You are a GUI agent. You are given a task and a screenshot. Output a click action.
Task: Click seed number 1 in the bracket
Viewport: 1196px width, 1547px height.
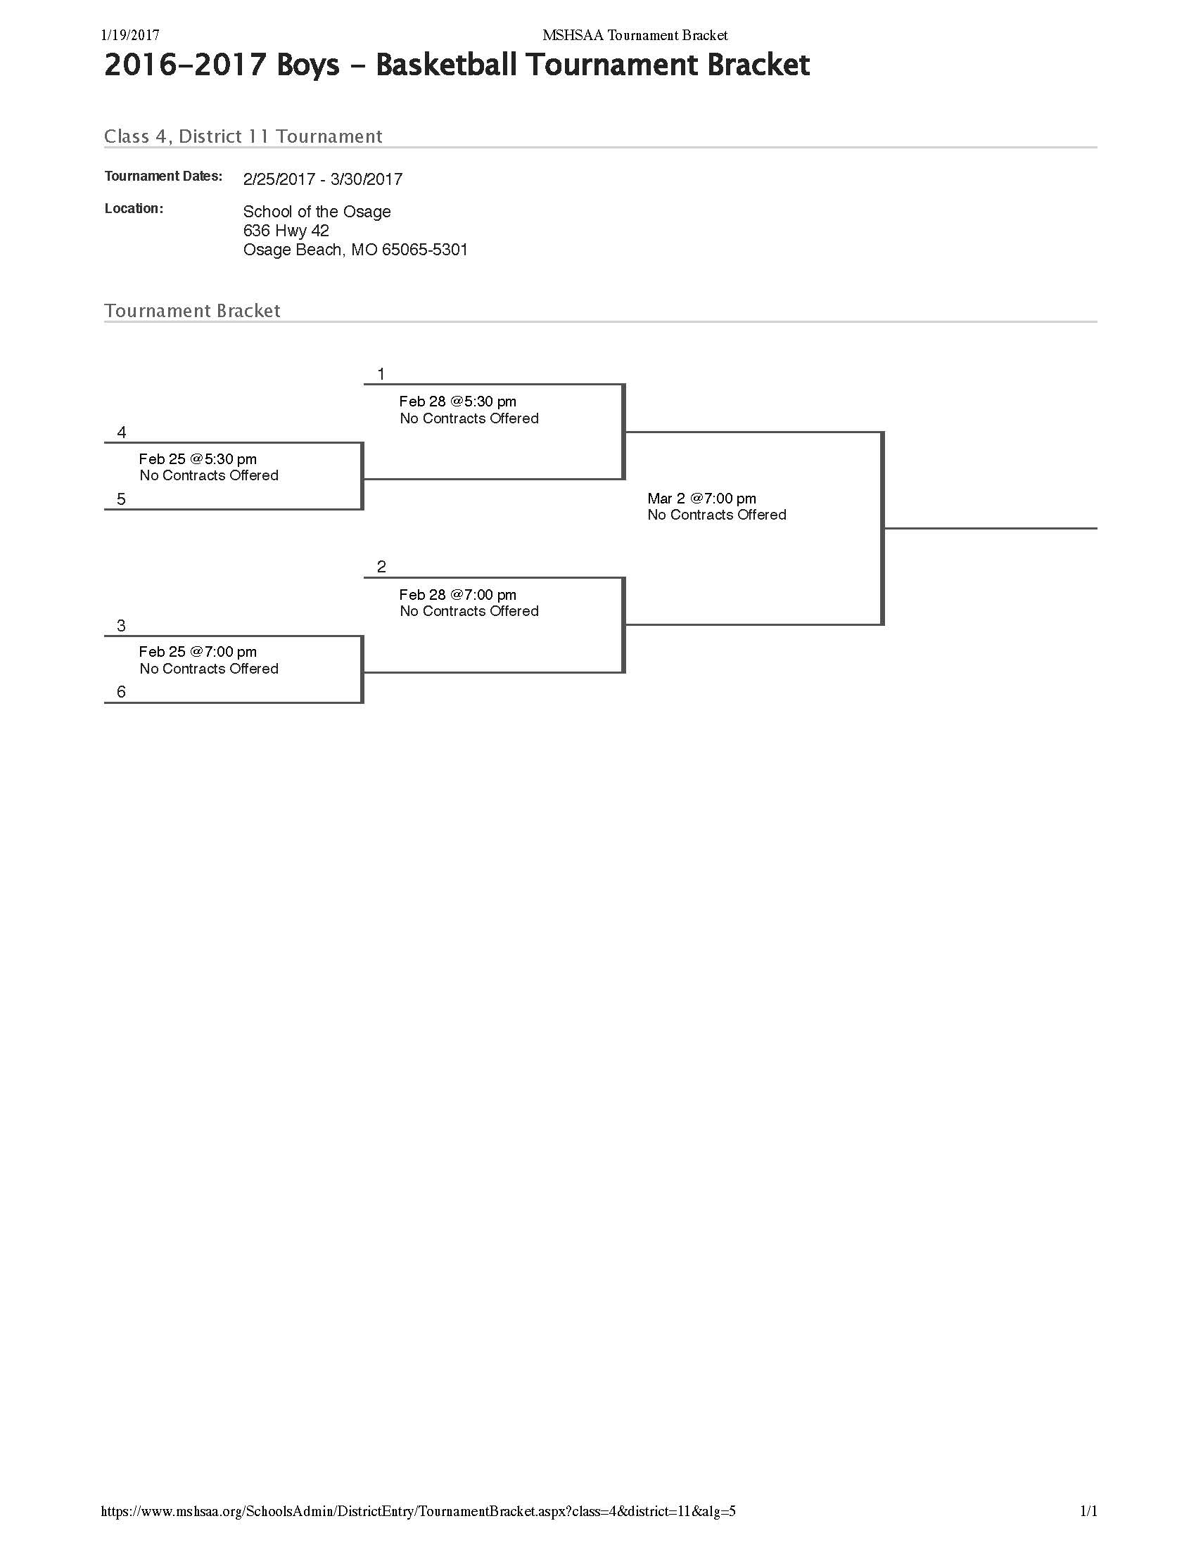(x=381, y=374)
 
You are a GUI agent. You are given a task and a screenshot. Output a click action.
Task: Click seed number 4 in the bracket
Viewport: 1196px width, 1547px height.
(x=121, y=432)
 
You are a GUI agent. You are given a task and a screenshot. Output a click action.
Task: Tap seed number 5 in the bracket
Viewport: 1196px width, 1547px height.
(x=121, y=499)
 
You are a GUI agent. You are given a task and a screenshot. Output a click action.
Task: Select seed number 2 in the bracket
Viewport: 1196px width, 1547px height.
(x=381, y=567)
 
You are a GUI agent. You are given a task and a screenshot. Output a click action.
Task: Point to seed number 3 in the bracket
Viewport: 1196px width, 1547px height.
(x=121, y=626)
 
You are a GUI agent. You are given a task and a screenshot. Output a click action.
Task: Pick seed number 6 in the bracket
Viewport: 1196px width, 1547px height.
(x=121, y=692)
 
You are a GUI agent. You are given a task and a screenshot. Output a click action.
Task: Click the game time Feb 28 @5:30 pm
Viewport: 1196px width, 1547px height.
(x=457, y=402)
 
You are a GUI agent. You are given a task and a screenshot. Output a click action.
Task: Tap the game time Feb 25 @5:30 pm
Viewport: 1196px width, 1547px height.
(x=198, y=459)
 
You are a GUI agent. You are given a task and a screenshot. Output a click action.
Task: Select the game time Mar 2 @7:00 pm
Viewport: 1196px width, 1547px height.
(x=701, y=499)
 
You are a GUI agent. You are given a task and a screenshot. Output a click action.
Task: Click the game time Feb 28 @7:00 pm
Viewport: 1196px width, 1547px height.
(x=457, y=595)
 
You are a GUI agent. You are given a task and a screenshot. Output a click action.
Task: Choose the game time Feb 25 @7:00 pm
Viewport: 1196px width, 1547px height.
(x=198, y=652)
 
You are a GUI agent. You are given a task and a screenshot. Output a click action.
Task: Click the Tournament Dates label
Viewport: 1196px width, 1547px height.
(x=163, y=176)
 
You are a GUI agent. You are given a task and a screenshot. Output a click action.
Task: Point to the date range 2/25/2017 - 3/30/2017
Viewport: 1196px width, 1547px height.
(x=322, y=179)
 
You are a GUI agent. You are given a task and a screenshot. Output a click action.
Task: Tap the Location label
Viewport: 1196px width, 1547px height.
(x=134, y=209)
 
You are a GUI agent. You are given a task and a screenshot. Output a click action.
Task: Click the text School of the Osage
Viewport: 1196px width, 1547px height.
(x=317, y=212)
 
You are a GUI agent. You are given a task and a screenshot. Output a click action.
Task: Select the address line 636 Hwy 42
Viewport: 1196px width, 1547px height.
(x=286, y=231)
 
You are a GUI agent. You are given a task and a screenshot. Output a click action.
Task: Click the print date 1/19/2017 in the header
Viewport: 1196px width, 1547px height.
(x=130, y=35)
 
